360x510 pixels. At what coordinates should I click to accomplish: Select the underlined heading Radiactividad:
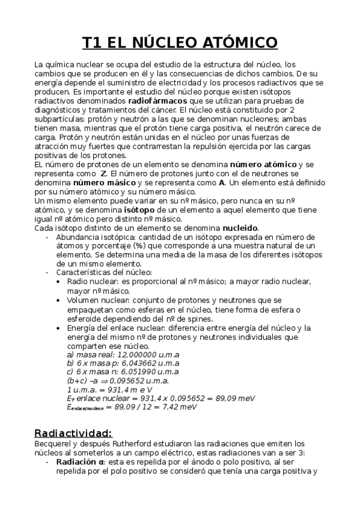pos(73,433)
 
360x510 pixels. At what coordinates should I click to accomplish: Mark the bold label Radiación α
pos(81,461)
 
